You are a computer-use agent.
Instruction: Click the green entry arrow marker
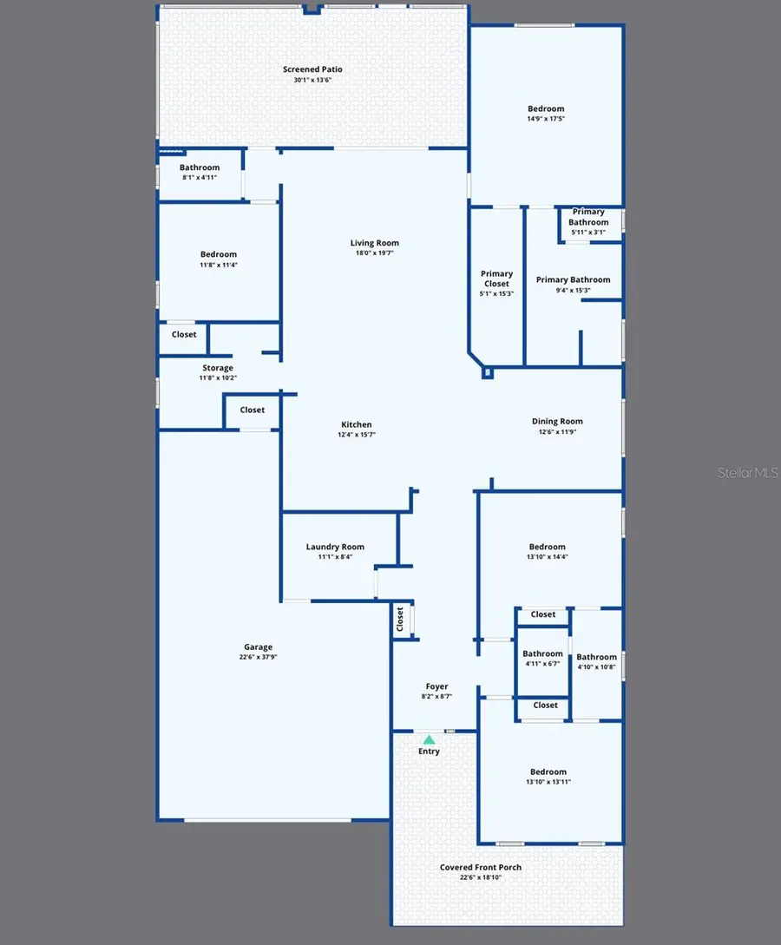429,739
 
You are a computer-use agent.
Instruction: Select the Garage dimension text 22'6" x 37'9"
258,657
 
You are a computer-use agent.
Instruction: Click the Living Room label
374,243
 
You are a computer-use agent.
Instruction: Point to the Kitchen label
356,424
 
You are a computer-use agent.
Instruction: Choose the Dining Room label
557,421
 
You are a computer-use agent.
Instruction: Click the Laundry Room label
335,547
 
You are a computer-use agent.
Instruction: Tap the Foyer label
436,686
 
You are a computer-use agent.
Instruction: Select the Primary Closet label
497,279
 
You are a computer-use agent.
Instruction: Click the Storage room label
218,368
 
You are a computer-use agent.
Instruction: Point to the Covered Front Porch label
481,867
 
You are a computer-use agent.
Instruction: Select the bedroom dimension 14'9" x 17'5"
546,119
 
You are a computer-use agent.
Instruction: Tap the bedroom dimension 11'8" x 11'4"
218,265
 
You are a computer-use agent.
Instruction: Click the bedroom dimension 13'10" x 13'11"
548,782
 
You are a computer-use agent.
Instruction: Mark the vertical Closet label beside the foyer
400,619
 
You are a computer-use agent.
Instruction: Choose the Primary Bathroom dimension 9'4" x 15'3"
573,290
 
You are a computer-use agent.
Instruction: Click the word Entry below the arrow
429,751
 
